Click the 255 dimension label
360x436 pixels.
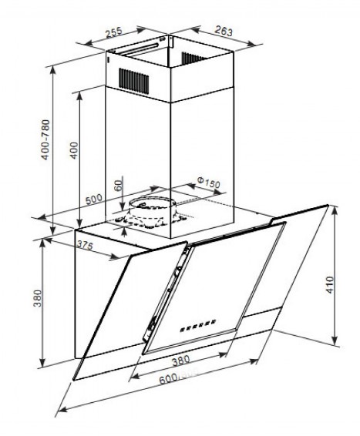(x=114, y=32)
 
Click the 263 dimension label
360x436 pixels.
(x=224, y=31)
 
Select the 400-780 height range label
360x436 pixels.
(x=45, y=139)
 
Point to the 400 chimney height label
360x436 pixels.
(x=74, y=150)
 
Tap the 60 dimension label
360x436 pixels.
(x=119, y=185)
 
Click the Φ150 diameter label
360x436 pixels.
(x=209, y=182)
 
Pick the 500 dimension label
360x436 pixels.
(x=94, y=200)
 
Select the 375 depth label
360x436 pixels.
(x=84, y=246)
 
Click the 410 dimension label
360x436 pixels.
(x=330, y=284)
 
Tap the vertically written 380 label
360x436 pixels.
(x=38, y=298)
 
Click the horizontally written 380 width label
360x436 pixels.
(x=181, y=361)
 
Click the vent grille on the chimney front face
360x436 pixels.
(x=134, y=80)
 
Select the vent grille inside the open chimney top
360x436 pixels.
(x=193, y=58)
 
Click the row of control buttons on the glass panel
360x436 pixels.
(x=198, y=325)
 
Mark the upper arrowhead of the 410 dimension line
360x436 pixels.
(x=335, y=210)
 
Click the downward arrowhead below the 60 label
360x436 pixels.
(x=123, y=206)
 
